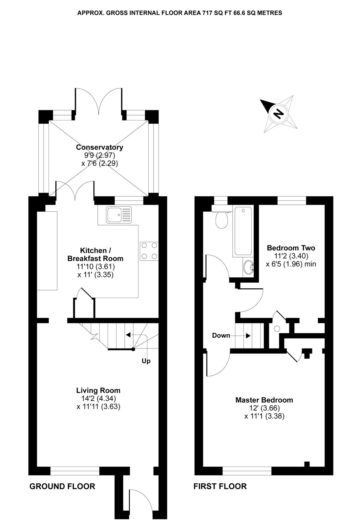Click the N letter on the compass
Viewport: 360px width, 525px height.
coord(279,114)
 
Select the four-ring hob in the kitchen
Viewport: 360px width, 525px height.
coord(149,251)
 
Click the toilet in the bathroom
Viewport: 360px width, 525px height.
coord(222,220)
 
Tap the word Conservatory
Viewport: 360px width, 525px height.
coord(100,147)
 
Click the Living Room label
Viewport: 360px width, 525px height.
coord(98,390)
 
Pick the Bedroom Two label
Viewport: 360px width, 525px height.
coord(291,248)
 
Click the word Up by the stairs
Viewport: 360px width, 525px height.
coord(146,361)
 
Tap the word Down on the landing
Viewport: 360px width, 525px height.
coord(221,335)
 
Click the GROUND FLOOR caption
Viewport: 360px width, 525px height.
coord(62,486)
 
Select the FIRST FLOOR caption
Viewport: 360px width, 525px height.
coord(220,486)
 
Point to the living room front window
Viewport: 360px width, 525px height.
coord(75,471)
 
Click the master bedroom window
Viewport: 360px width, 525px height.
coord(247,471)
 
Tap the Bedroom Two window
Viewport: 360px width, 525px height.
coord(292,200)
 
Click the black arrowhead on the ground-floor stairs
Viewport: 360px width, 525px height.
coord(128,335)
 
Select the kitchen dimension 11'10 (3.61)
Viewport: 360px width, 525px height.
coord(95,266)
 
